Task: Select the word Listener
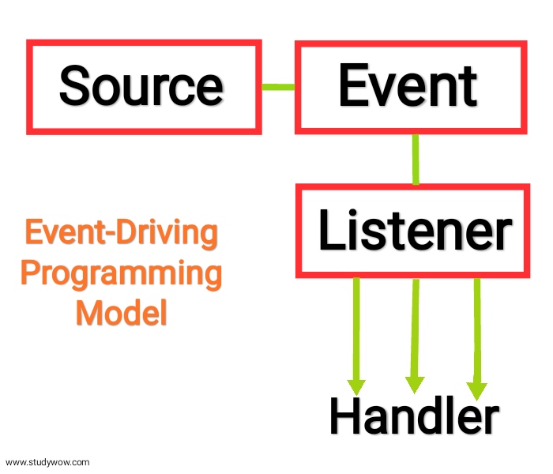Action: [x=414, y=231]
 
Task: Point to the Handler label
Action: [x=414, y=416]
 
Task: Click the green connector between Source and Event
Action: [x=277, y=86]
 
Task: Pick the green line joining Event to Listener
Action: [x=415, y=159]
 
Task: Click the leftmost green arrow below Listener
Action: [x=357, y=332]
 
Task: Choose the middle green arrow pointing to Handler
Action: [x=415, y=332]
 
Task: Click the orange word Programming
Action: [x=121, y=274]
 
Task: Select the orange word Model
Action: [x=121, y=313]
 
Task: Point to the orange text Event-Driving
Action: [x=121, y=235]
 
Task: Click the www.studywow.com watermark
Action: [x=48, y=462]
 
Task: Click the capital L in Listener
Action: [x=329, y=231]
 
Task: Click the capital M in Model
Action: [x=89, y=313]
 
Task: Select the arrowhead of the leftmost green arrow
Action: [x=357, y=386]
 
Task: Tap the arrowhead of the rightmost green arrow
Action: [x=476, y=390]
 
